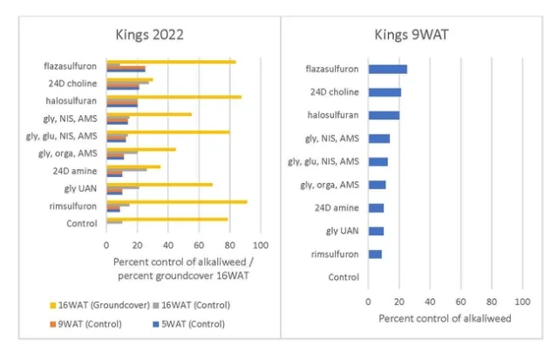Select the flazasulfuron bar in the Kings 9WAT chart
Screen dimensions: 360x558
coord(387,69)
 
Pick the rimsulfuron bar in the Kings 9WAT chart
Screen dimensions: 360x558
coord(375,254)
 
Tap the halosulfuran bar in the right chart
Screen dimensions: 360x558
coord(384,115)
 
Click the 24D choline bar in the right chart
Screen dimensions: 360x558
coord(384,92)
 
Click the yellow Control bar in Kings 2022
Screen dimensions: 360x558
coord(167,220)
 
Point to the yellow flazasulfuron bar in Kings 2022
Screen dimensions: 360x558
coord(171,61)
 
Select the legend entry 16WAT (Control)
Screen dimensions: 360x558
coord(196,304)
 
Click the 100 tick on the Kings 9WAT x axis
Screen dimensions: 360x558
coord(521,301)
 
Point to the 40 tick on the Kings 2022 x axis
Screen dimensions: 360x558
coord(167,245)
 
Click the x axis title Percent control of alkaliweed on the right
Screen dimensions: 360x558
coord(445,318)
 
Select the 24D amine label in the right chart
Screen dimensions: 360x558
coord(337,207)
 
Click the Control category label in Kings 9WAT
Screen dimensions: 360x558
coord(342,277)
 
